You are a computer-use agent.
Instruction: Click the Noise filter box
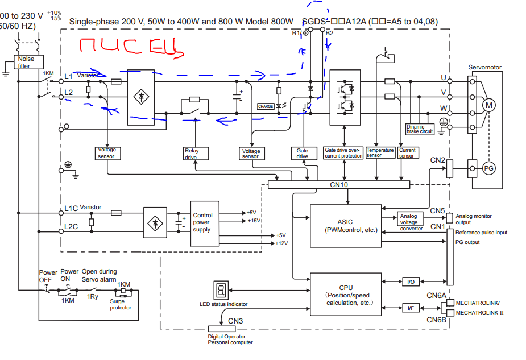coord(26,62)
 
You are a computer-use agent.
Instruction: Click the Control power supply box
coord(203,222)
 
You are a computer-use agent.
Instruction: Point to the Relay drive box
coord(192,154)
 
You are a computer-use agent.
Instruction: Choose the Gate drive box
coord(303,153)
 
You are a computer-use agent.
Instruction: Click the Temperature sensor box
coord(380,153)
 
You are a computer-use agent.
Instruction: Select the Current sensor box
coord(407,153)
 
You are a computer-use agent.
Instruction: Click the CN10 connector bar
coord(338,185)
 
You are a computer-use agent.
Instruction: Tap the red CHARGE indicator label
coord(266,106)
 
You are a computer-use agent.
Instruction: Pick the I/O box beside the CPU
coord(410,282)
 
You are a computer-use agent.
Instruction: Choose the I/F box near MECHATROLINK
coord(410,308)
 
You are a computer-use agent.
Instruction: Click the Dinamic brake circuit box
coord(420,129)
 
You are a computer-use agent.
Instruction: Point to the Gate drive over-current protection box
coord(343,153)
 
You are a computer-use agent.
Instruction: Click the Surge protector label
coord(121,305)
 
